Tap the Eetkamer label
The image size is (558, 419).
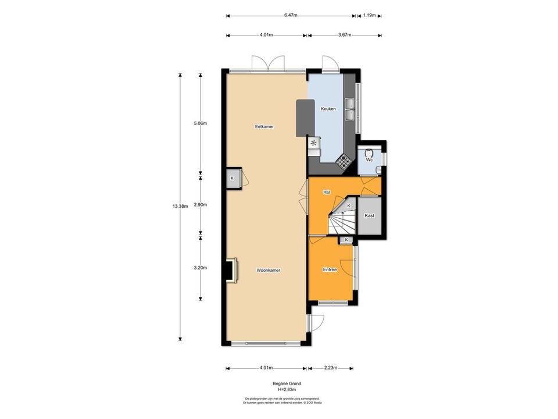[264, 126]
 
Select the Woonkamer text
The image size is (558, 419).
[269, 270]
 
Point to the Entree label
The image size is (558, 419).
[330, 270]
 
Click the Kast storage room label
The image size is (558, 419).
[369, 216]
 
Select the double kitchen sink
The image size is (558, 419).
[350, 109]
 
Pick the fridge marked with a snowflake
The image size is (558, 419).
[314, 143]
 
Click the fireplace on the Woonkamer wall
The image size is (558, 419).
[232, 271]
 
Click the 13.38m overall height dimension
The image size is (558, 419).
[179, 205]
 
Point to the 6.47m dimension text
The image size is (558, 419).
[291, 16]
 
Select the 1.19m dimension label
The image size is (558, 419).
[369, 16]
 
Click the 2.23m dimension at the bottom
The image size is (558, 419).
[330, 368]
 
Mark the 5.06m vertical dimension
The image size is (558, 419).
[201, 123]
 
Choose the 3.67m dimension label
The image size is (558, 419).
[345, 35]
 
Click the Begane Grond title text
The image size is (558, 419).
[284, 384]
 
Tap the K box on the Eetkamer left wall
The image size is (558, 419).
[233, 178]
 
